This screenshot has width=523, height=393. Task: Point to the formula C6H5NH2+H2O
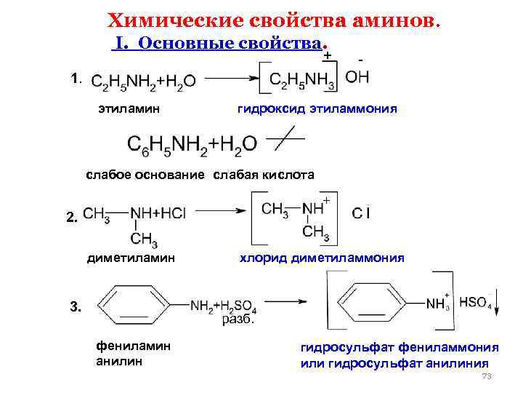(192, 143)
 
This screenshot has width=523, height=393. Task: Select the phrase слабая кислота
(264, 175)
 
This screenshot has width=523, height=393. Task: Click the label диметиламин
(131, 258)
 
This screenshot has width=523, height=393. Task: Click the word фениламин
(133, 346)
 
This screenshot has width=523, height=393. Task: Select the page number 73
(487, 376)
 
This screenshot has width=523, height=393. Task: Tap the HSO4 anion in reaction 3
(475, 303)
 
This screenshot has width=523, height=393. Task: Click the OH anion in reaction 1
(356, 77)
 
